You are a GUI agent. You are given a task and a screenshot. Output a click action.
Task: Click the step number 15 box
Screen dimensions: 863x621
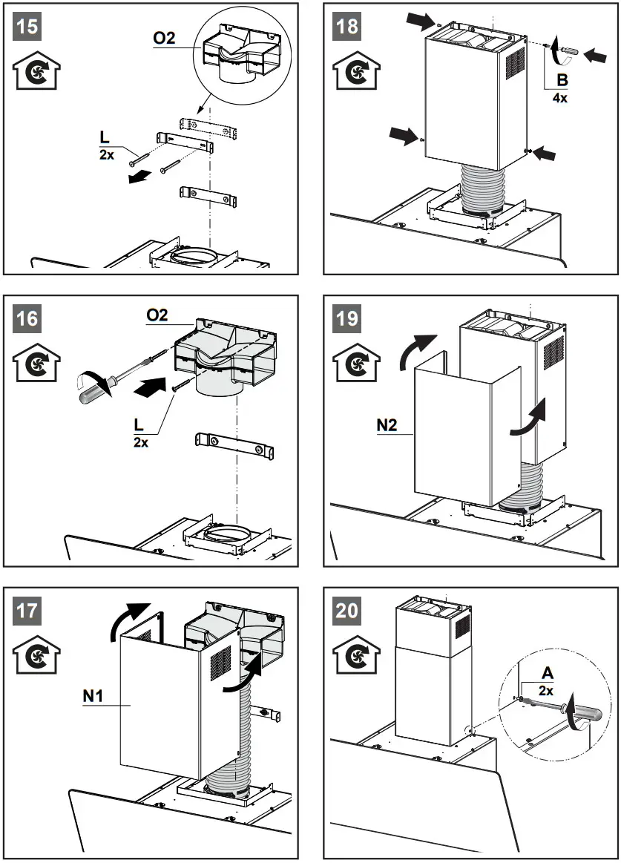28,27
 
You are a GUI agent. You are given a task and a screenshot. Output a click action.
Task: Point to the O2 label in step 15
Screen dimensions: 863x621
165,38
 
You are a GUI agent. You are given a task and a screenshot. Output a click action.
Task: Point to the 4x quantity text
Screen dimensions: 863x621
561,97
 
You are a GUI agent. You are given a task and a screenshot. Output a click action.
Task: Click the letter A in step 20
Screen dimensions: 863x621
548,673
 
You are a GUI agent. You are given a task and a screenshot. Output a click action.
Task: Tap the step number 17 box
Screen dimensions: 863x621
28,611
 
